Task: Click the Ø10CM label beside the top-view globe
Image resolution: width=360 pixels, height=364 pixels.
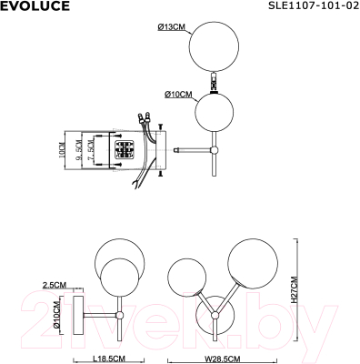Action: tap(178, 94)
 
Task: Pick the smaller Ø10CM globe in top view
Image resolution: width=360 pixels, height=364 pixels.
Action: tap(216, 115)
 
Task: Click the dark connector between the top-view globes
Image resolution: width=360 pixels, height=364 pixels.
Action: tap(215, 86)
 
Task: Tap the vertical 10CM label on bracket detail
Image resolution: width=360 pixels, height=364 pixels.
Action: tap(63, 149)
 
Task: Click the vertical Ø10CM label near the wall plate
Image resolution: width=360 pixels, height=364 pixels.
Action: tap(56, 316)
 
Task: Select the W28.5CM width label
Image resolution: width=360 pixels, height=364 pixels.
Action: tap(217, 357)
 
